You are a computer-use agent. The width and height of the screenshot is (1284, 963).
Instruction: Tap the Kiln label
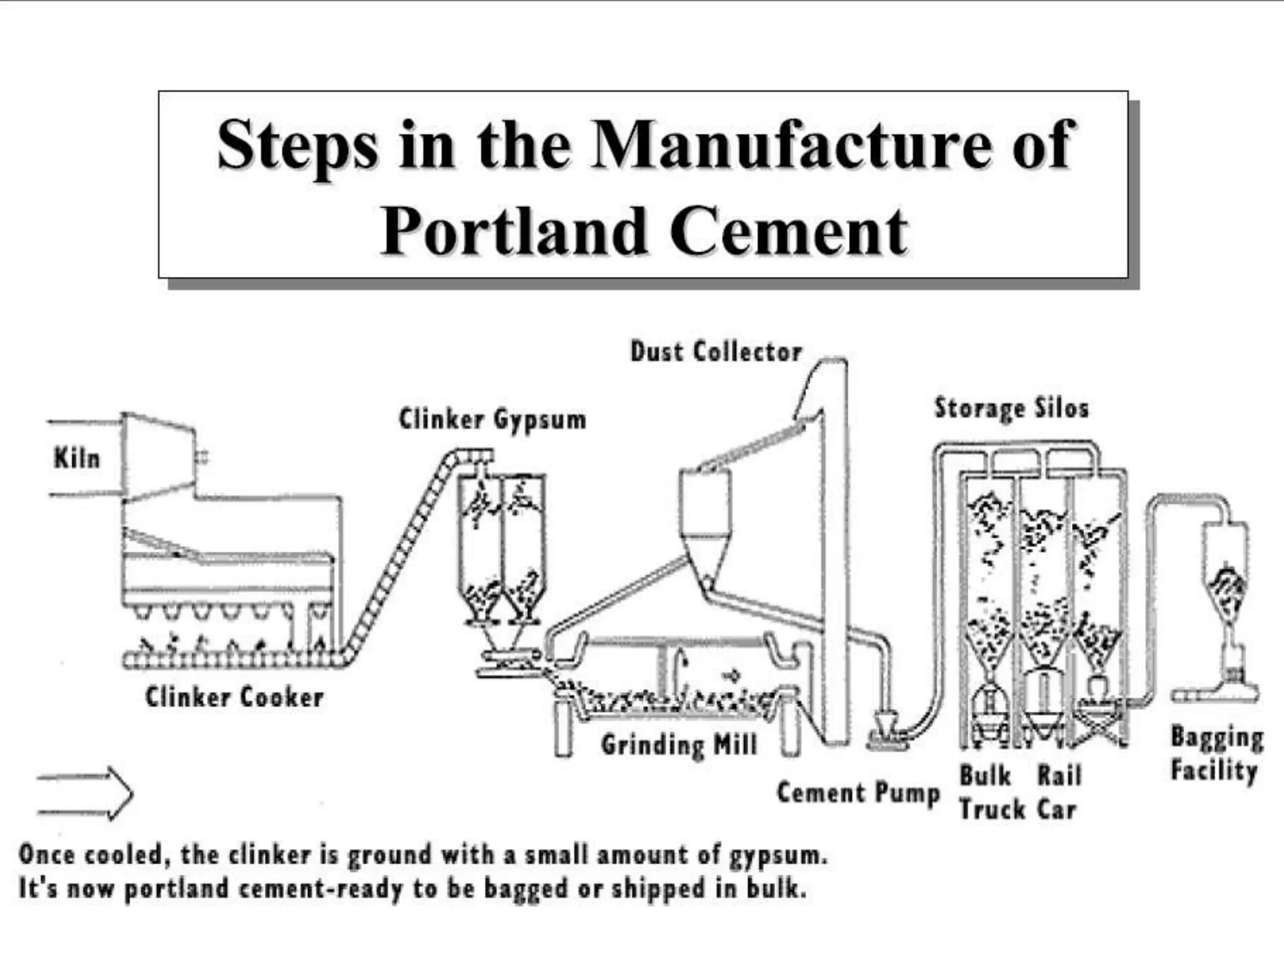(x=76, y=458)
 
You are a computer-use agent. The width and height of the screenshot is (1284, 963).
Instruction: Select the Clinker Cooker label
(x=234, y=697)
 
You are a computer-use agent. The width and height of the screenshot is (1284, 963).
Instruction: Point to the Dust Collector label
(x=716, y=352)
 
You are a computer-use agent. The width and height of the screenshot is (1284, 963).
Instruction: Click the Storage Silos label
(x=1011, y=408)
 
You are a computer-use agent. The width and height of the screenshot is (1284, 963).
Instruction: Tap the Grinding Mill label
(x=679, y=745)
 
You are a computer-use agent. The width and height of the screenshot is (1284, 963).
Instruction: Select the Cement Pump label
(x=858, y=793)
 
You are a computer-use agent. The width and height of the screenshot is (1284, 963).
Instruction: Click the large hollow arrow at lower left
(x=85, y=793)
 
